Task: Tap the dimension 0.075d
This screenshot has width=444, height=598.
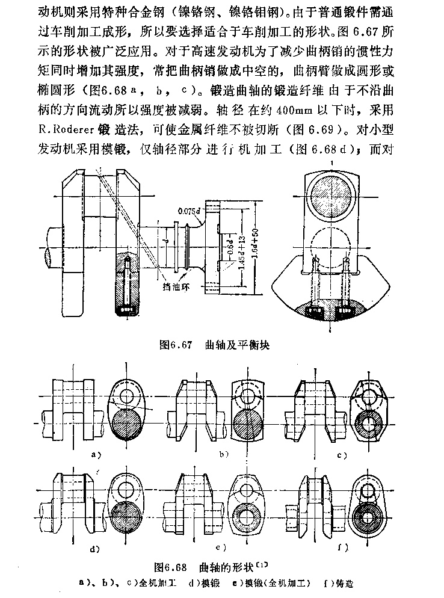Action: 190,211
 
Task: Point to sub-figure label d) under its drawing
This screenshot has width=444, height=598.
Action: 94,549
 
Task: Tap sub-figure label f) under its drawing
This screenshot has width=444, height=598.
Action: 345,548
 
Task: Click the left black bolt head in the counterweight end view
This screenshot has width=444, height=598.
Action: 315,313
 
